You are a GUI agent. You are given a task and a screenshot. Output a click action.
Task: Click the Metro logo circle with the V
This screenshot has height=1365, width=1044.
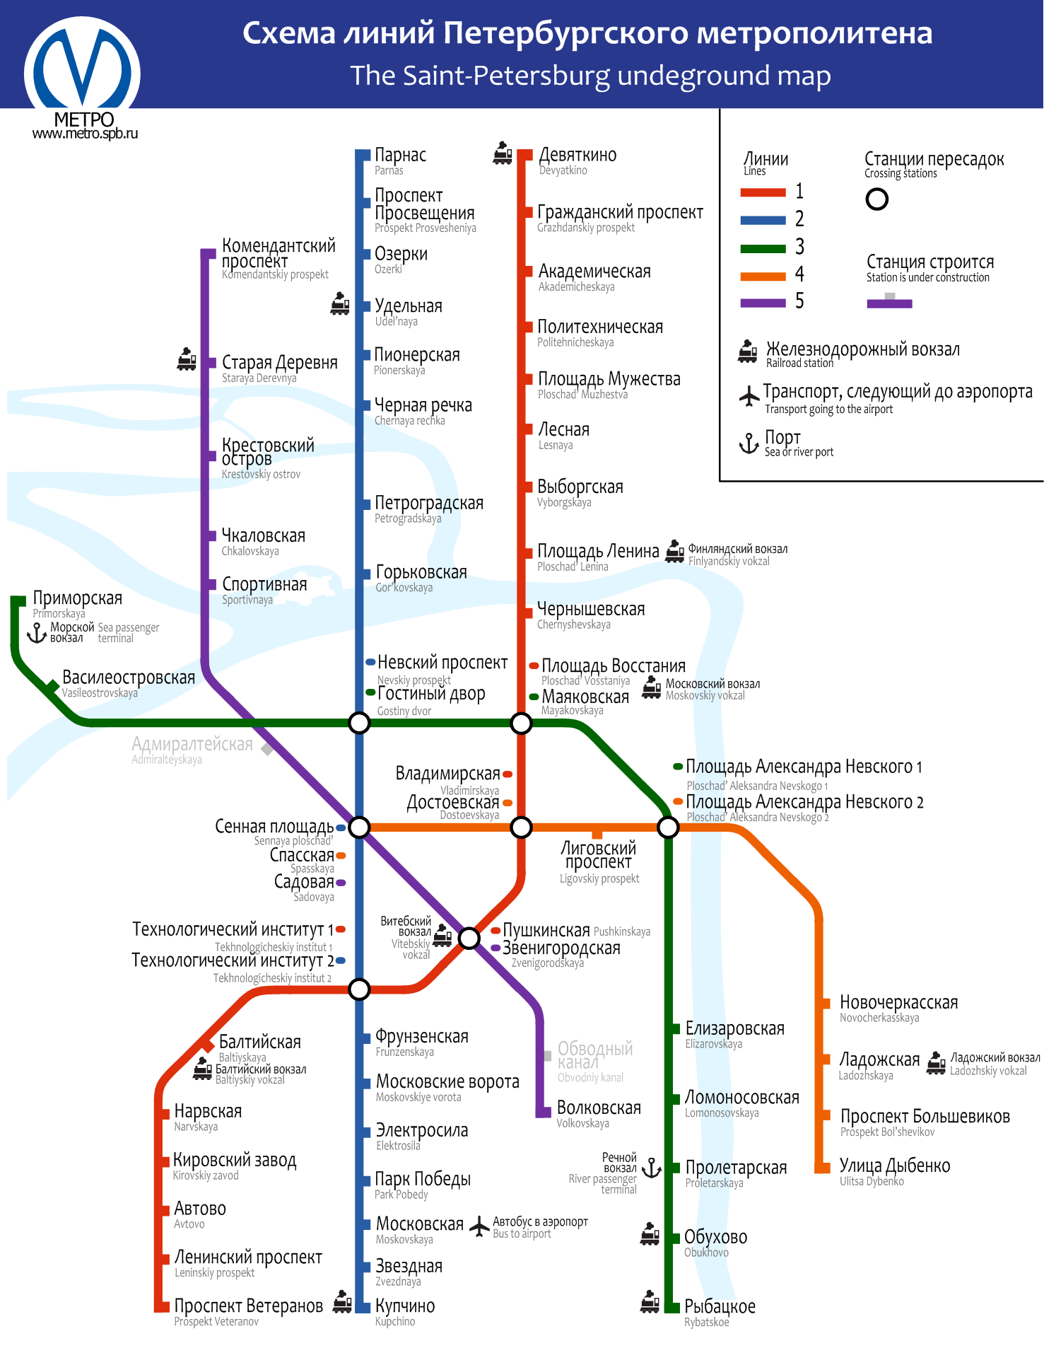coord(82,71)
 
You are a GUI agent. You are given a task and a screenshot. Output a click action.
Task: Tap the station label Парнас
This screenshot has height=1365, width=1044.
coord(400,155)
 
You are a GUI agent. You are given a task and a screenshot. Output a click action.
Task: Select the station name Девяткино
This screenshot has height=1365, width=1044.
coord(577,155)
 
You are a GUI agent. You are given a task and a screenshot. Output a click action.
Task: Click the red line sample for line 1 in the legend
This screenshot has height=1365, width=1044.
coord(763,192)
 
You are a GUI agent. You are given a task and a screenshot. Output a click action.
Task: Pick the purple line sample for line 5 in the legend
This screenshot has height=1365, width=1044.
coord(763,303)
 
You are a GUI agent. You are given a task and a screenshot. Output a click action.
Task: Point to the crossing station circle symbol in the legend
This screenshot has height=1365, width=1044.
coord(876,199)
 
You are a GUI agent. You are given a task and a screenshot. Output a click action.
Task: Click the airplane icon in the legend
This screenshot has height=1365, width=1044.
coord(749,396)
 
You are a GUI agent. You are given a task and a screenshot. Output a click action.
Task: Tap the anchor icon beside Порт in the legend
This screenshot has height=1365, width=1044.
coord(749,443)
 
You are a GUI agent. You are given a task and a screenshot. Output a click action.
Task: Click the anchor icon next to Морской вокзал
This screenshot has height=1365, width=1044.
coord(37,632)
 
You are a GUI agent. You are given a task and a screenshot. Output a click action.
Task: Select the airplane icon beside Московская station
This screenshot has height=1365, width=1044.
coord(480,1226)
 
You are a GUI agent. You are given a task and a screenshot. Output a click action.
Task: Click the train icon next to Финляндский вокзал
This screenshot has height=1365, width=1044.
coord(675,551)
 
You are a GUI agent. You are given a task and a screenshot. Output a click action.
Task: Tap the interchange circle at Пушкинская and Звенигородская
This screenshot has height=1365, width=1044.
coord(469,939)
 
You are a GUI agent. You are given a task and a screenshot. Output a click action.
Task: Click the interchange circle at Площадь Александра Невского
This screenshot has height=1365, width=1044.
coord(668,827)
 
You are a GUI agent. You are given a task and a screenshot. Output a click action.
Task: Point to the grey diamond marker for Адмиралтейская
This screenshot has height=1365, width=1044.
coord(267,748)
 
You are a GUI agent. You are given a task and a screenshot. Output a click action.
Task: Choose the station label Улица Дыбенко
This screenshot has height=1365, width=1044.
coord(894,1166)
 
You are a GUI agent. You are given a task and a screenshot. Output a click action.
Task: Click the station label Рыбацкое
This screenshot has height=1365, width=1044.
coord(720,1306)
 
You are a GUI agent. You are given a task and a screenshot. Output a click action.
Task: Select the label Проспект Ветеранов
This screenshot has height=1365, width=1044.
coord(248,1306)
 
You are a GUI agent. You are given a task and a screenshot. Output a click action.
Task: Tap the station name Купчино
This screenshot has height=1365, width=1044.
coord(405,1306)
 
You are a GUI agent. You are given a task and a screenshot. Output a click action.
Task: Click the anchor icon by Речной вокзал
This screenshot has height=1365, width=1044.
coord(652,1168)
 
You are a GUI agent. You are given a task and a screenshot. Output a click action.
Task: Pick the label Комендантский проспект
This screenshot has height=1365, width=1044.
coord(278,253)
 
